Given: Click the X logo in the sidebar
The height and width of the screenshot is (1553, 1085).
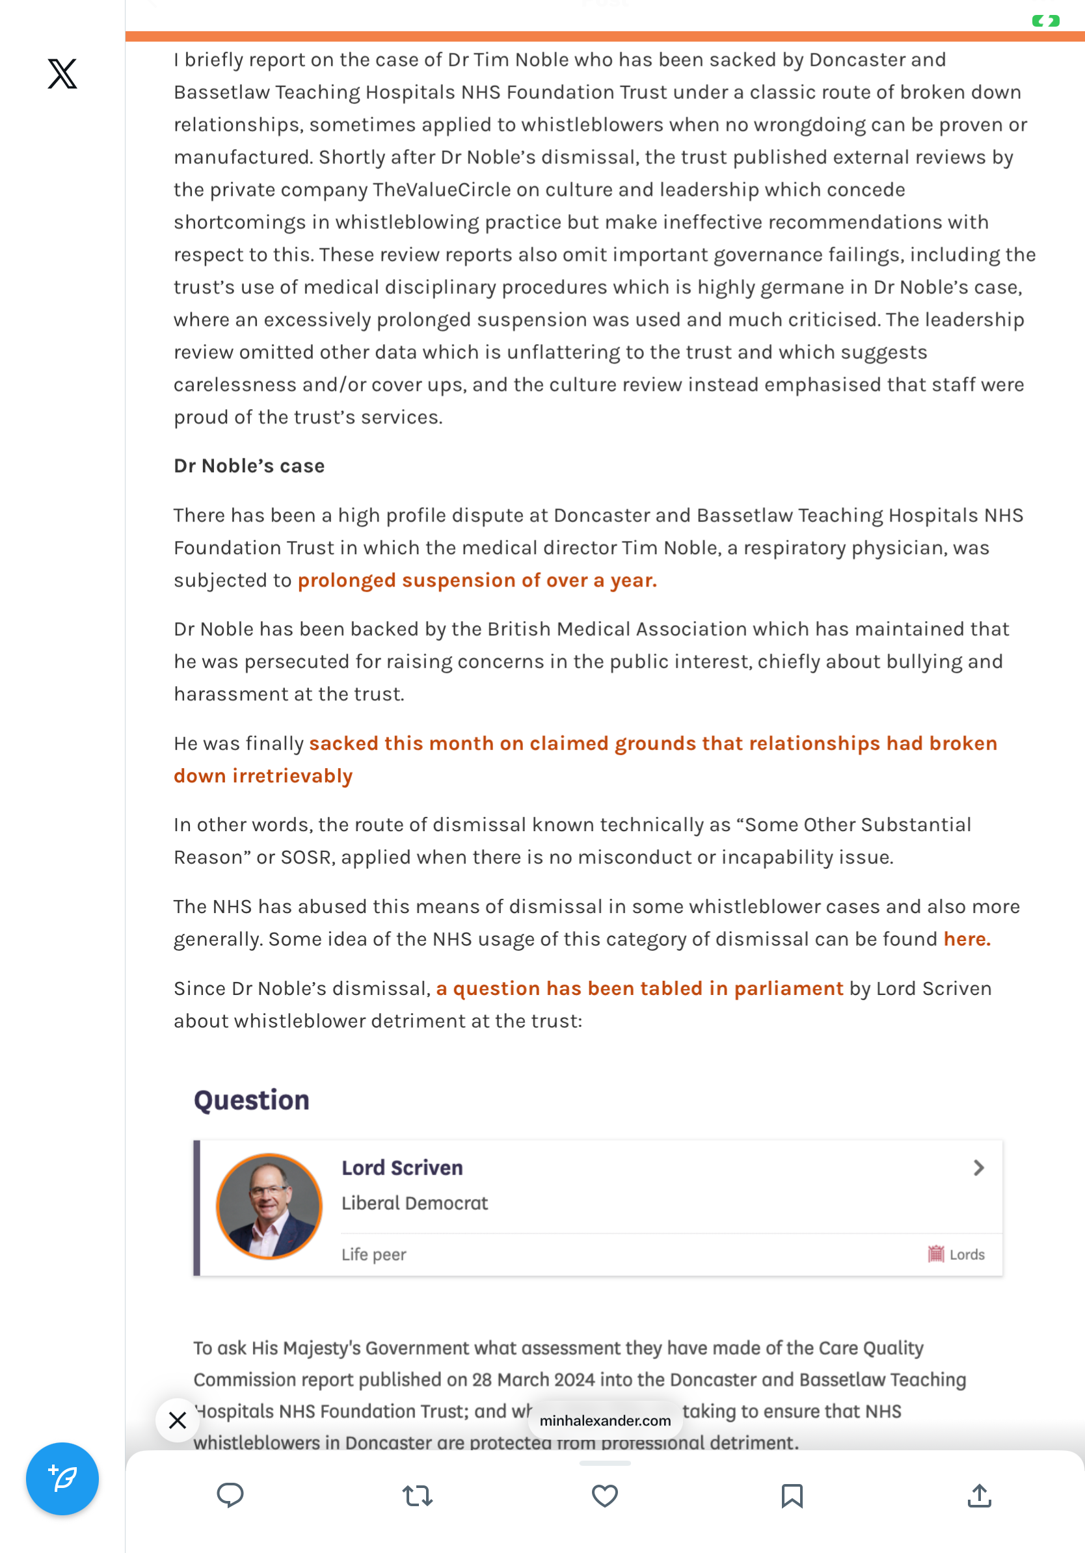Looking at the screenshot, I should (62, 73).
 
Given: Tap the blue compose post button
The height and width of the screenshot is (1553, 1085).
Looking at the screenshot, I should (62, 1479).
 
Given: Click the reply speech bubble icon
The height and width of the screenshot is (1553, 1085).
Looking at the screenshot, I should (230, 1496).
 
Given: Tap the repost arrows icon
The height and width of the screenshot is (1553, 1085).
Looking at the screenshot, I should (418, 1496).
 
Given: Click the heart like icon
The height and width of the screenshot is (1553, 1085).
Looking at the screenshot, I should (605, 1496).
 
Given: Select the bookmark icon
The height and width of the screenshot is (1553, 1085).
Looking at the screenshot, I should (792, 1496).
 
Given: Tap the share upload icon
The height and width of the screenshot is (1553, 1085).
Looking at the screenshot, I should (979, 1496).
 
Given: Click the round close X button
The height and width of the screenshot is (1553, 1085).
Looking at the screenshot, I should (177, 1420).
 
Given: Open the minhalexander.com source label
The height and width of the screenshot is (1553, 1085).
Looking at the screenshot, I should (605, 1420).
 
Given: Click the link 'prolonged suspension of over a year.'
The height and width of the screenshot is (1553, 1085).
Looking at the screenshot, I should (477, 580).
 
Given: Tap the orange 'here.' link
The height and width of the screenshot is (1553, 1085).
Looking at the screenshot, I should (967, 939).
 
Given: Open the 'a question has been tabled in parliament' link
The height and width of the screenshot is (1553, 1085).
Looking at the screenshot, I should (639, 989).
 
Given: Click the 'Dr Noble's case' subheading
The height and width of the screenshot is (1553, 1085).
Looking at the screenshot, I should (249, 466).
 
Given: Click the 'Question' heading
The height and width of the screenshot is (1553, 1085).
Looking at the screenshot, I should (252, 1100).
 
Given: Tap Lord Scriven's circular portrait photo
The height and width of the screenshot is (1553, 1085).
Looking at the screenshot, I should (269, 1206).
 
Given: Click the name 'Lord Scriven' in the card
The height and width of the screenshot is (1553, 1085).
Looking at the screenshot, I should (402, 1168).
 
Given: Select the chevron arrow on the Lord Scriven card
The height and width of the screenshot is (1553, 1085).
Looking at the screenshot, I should (978, 1168).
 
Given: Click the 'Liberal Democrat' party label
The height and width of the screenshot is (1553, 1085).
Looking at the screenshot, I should (414, 1203).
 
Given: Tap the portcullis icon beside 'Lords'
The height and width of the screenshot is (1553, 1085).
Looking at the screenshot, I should (935, 1254).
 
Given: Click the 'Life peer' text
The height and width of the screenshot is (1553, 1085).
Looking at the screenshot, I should (373, 1254).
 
